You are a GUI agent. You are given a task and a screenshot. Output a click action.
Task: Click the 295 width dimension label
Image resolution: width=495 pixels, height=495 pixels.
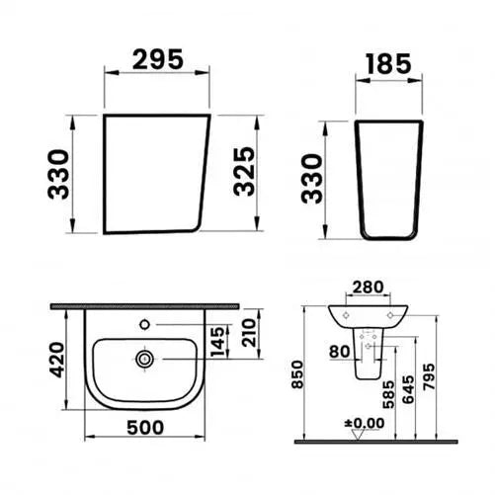(x=157, y=58)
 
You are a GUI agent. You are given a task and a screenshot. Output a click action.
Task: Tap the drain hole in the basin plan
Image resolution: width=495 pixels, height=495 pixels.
(x=145, y=360)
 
